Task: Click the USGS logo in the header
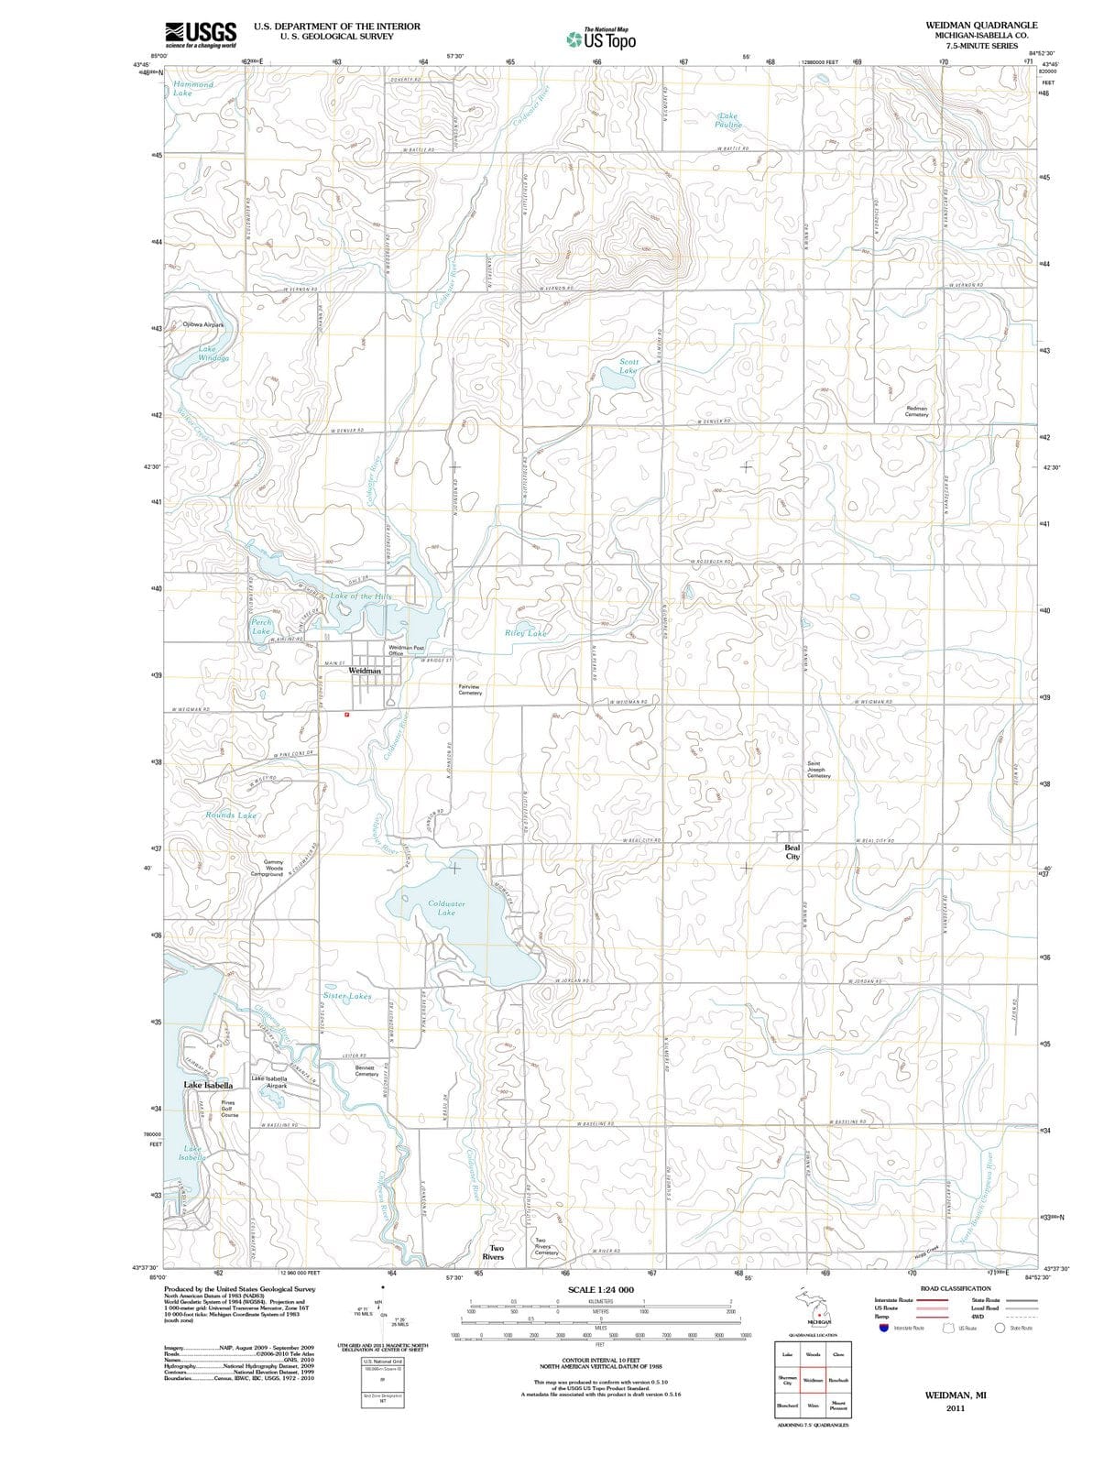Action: click(201, 34)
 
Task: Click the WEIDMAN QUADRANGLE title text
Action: click(981, 25)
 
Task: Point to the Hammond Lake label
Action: click(192, 88)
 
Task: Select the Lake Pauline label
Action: click(727, 120)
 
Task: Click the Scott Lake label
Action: click(628, 366)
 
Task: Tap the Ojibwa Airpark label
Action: click(202, 324)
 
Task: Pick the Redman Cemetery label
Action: click(916, 411)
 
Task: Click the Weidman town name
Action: click(365, 671)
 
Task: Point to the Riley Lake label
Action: click(526, 633)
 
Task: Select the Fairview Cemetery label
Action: click(468, 689)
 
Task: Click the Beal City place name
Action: click(792, 852)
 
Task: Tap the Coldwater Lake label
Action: click(446, 907)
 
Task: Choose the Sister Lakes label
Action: click(347, 995)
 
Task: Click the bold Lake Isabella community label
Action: click(208, 1085)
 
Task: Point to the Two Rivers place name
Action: click(496, 1252)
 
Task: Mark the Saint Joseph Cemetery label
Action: click(818, 770)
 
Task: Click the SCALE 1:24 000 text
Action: click(600, 1289)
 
